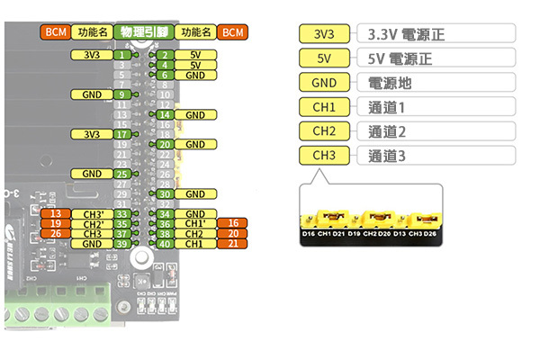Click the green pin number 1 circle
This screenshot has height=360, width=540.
[122, 55]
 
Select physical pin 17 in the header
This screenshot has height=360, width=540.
[122, 134]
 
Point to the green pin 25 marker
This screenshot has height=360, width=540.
[122, 174]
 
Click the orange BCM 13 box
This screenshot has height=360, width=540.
[56, 213]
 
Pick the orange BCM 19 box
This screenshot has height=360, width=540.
[56, 223]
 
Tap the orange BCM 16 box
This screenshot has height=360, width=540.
[233, 223]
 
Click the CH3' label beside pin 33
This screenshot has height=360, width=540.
[92, 213]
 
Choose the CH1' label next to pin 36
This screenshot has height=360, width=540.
[195, 223]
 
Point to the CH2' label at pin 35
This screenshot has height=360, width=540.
[92, 223]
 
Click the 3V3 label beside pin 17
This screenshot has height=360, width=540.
[92, 134]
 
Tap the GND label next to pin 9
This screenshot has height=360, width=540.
[92, 94]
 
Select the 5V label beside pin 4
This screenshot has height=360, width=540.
[195, 65]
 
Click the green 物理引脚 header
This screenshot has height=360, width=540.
[143, 32]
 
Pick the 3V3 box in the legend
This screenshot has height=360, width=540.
[325, 35]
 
